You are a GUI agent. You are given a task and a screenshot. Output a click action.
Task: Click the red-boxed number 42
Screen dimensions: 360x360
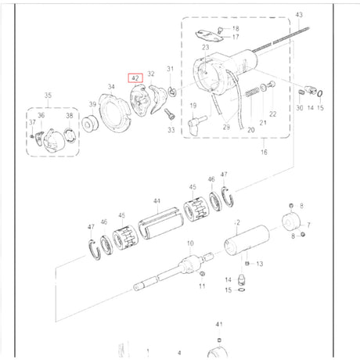(x=135, y=78)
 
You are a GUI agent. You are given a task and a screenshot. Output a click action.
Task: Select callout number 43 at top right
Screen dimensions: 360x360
(x=298, y=15)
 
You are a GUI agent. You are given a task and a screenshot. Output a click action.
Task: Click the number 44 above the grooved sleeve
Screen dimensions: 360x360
(x=157, y=201)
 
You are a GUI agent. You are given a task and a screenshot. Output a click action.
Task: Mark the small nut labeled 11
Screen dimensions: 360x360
(x=202, y=275)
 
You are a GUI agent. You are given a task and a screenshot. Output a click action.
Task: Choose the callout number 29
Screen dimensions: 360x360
(x=226, y=127)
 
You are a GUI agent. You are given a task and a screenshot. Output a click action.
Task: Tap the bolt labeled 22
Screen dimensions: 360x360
(x=271, y=84)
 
